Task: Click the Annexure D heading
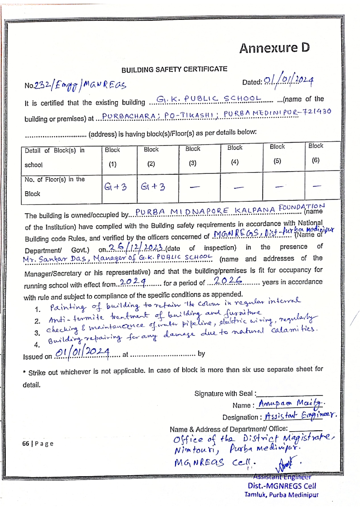click(274, 48)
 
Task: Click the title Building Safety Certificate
click(174, 69)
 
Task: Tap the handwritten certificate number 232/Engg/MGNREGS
click(80, 85)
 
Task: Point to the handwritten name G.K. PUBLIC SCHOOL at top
click(209, 99)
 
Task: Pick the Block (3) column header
click(193, 156)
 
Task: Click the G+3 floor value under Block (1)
click(116, 187)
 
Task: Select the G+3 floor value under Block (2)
click(153, 186)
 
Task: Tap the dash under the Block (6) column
click(317, 186)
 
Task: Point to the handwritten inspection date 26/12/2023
click(135, 248)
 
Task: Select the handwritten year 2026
click(228, 280)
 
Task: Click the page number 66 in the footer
click(26, 443)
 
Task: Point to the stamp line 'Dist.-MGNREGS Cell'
click(282, 486)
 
